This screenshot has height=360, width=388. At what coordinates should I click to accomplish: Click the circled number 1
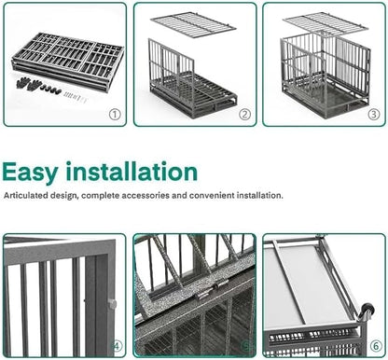(x=114, y=115)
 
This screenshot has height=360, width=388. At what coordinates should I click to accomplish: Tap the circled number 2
(x=243, y=115)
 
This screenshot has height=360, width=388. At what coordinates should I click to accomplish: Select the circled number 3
(x=372, y=115)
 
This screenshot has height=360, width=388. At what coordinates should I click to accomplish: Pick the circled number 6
(x=373, y=347)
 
